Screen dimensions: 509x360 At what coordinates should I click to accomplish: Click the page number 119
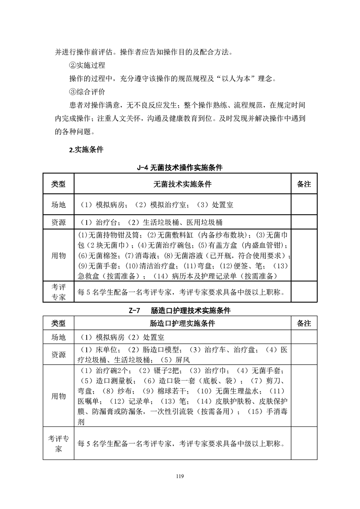180,476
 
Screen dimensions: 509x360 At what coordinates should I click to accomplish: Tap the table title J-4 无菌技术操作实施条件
180,168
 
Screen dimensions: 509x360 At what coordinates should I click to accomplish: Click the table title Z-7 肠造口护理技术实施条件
180,311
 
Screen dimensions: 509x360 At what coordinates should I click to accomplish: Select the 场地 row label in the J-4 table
58,205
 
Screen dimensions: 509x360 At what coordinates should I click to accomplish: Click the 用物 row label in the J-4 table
58,255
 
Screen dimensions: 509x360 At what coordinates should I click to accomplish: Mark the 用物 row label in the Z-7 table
58,396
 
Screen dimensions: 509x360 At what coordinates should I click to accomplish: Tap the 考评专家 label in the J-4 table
58,291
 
